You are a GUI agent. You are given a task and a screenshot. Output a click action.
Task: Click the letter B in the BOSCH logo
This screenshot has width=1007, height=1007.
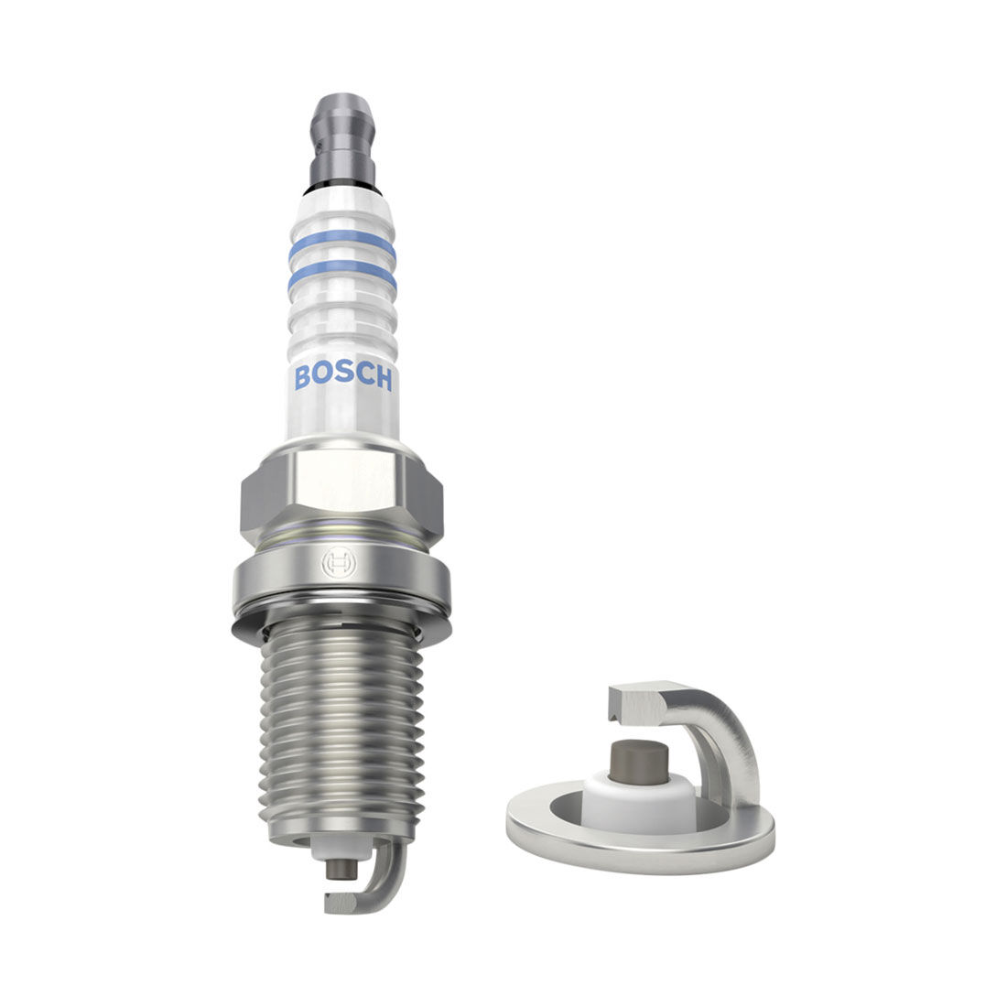click(303, 376)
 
